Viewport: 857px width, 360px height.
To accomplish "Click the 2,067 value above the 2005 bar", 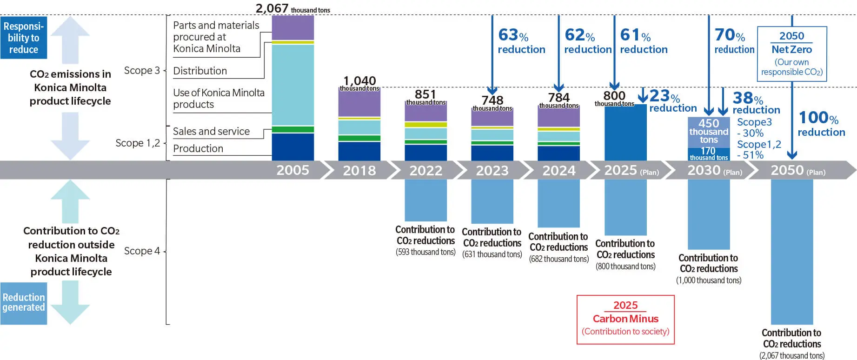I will click(272, 8).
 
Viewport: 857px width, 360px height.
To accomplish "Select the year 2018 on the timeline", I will click(359, 170).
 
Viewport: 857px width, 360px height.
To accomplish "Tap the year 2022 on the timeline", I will click(425, 170).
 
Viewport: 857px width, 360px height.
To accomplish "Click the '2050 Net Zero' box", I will click(791, 53).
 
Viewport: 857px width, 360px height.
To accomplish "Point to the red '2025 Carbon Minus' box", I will click(625, 319).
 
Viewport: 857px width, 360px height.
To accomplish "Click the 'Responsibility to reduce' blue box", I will click(24, 38).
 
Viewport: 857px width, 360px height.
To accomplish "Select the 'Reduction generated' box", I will click(24, 303).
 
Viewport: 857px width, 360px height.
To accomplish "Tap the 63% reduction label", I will click(521, 41).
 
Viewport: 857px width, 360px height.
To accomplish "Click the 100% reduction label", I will click(821, 124).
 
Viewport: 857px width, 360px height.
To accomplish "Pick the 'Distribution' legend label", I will click(200, 71).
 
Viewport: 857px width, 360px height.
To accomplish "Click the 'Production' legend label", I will click(198, 148).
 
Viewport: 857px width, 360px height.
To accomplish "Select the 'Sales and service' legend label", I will click(211, 131).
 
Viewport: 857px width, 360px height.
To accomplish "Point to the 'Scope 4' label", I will click(142, 251).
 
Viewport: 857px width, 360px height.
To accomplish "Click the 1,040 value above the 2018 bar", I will click(359, 81).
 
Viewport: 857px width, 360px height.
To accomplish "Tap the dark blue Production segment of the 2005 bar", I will click(292, 147).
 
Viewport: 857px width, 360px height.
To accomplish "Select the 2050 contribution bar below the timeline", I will click(791, 251).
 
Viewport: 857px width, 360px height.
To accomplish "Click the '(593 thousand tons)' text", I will click(425, 252).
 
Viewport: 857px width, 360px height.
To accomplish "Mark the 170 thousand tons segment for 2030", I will click(708, 154).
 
